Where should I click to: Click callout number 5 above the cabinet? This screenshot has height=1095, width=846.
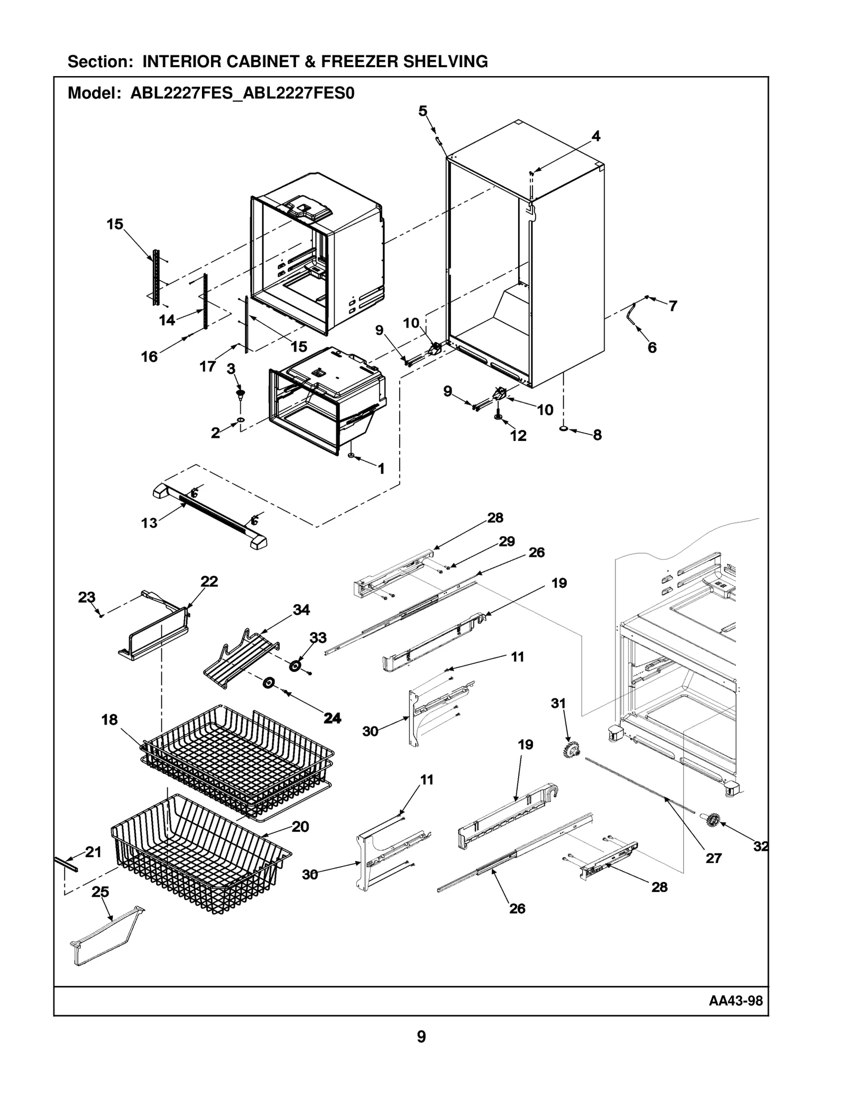(x=422, y=111)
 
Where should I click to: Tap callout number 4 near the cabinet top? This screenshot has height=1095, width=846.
(x=595, y=136)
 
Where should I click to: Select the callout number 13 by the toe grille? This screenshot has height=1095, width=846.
(x=149, y=523)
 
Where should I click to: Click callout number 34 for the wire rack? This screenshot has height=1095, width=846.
(x=301, y=610)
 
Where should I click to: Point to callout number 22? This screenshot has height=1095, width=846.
(x=209, y=581)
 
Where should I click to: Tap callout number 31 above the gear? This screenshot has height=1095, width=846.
(x=558, y=703)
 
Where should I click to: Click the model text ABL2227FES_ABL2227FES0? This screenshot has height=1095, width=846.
(x=242, y=94)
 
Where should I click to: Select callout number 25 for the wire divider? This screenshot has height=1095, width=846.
(x=100, y=892)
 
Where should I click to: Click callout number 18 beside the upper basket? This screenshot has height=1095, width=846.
(x=109, y=720)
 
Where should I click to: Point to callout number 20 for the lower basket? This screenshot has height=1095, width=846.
(x=300, y=826)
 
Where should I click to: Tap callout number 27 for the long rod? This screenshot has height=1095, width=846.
(x=713, y=858)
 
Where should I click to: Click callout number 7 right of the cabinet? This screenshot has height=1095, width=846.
(x=673, y=306)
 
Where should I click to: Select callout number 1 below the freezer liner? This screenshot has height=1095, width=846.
(x=381, y=468)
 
